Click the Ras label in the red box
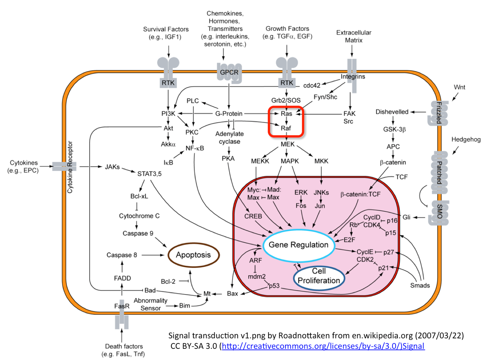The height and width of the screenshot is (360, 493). [286, 114]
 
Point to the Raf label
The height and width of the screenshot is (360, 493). [286, 128]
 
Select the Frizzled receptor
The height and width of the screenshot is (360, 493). [438, 113]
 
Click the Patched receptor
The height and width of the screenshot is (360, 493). [439, 173]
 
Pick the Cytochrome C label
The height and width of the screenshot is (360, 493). [139, 216]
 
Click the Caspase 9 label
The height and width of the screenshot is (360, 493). [138, 233]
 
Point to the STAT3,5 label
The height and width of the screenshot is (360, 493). [149, 174]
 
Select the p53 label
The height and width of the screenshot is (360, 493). [274, 286]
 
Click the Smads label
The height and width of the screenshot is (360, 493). [420, 286]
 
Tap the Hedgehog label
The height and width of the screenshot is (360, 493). [466, 140]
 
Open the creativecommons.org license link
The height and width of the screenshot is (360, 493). [323, 346]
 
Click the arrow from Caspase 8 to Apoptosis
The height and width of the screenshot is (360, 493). [153, 255]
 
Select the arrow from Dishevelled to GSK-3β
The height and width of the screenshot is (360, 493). [393, 120]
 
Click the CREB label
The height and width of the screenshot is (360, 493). [253, 216]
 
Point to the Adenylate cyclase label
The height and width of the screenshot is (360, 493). [230, 138]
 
